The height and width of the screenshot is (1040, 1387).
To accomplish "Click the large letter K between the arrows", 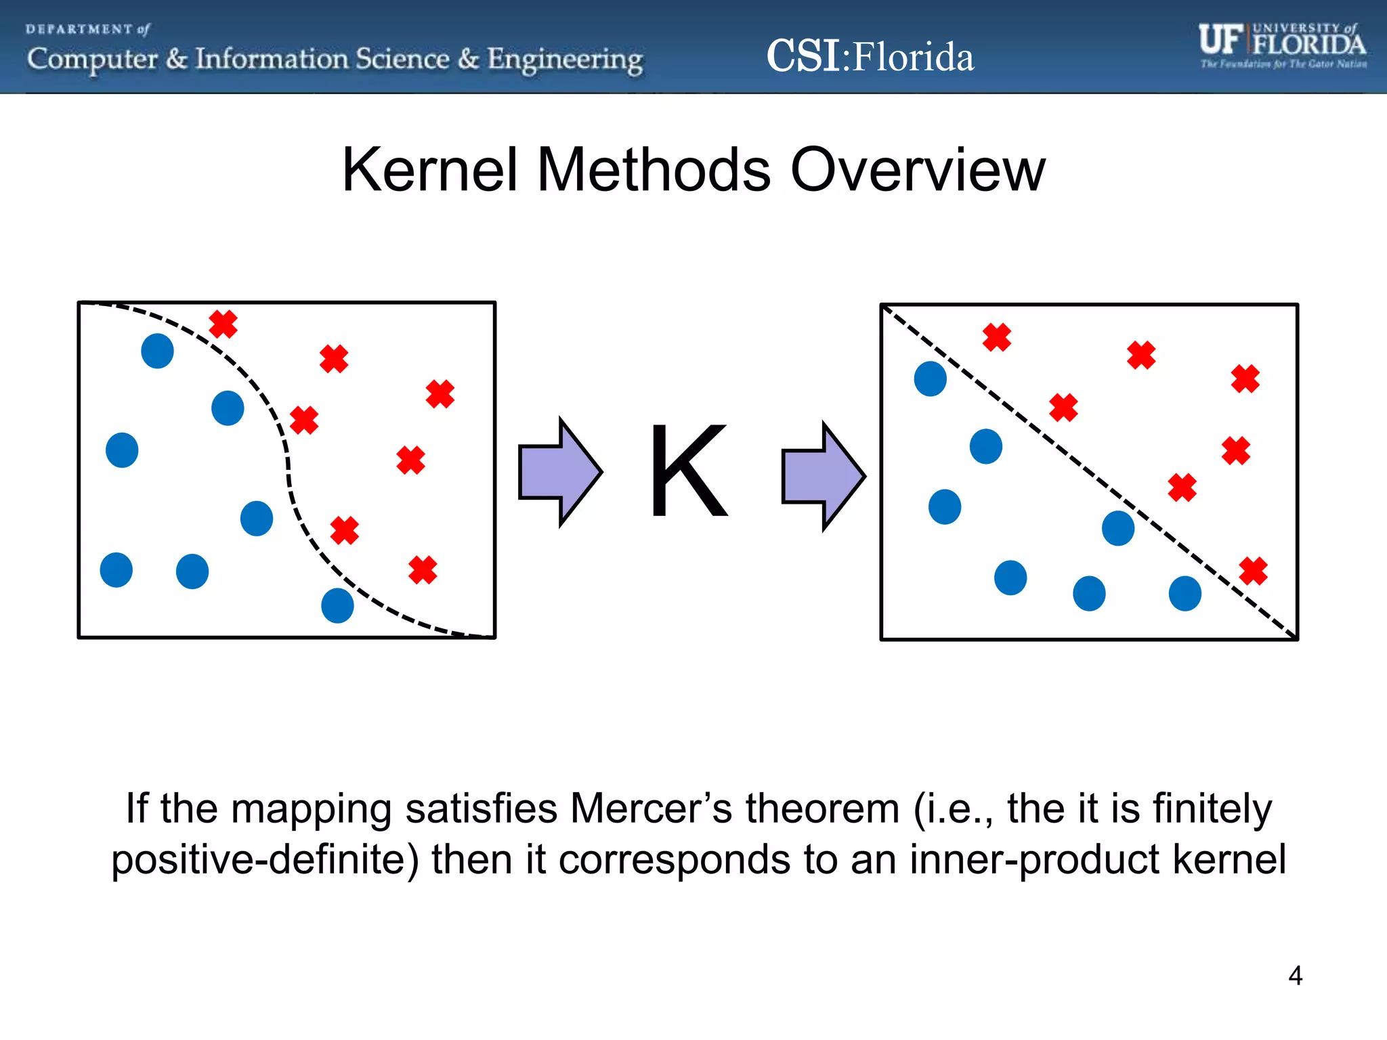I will tap(688, 471).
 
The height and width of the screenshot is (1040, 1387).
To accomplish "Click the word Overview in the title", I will tap(918, 170).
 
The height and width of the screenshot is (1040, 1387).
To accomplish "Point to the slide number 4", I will tap(1295, 976).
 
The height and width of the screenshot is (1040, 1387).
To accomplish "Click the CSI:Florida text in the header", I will tap(870, 56).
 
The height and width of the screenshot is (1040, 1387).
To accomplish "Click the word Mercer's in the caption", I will tap(652, 808).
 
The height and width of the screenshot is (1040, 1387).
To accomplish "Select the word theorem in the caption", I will tap(822, 808).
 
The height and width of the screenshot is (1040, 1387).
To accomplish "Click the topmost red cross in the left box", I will tap(223, 324).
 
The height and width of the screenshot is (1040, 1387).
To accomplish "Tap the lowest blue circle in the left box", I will tap(337, 605).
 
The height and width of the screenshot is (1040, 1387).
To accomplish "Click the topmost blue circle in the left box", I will tap(157, 351).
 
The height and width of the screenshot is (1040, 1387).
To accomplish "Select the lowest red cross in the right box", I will tap(1253, 571).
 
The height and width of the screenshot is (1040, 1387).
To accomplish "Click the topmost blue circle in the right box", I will tap(930, 378).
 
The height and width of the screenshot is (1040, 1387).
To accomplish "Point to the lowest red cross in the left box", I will tap(423, 570).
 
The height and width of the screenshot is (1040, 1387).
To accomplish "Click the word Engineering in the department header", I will tap(565, 60).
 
